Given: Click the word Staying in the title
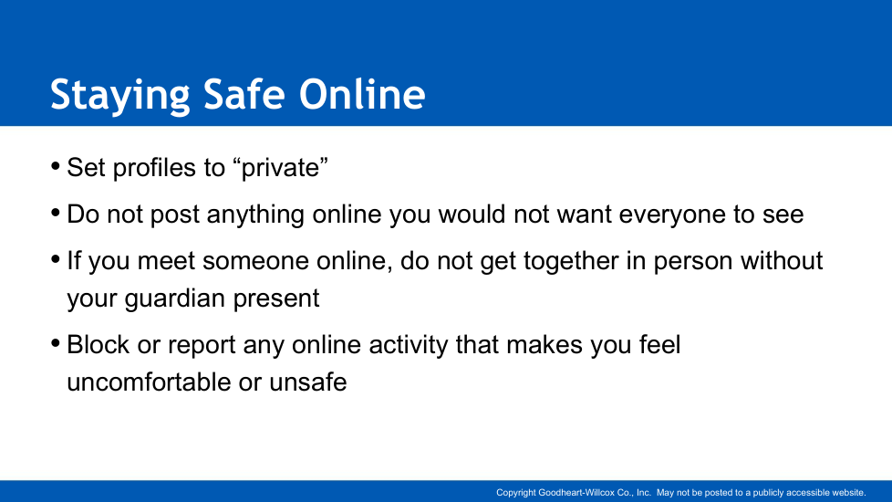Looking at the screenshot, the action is [120, 95].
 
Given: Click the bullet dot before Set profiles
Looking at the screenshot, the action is [56, 166].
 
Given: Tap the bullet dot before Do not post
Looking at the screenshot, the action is [56, 213].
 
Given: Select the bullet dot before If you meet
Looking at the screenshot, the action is [56, 259].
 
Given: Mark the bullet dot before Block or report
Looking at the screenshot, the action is [56, 343].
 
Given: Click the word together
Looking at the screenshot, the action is [571, 262].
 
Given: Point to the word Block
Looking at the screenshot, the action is [99, 345].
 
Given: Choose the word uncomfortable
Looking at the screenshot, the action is [149, 382].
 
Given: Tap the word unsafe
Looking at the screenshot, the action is [307, 382].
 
